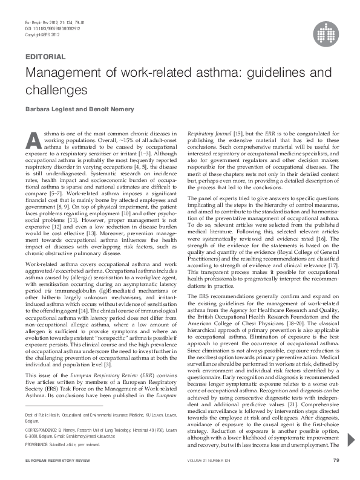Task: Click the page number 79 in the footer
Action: [x=335, y=461]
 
